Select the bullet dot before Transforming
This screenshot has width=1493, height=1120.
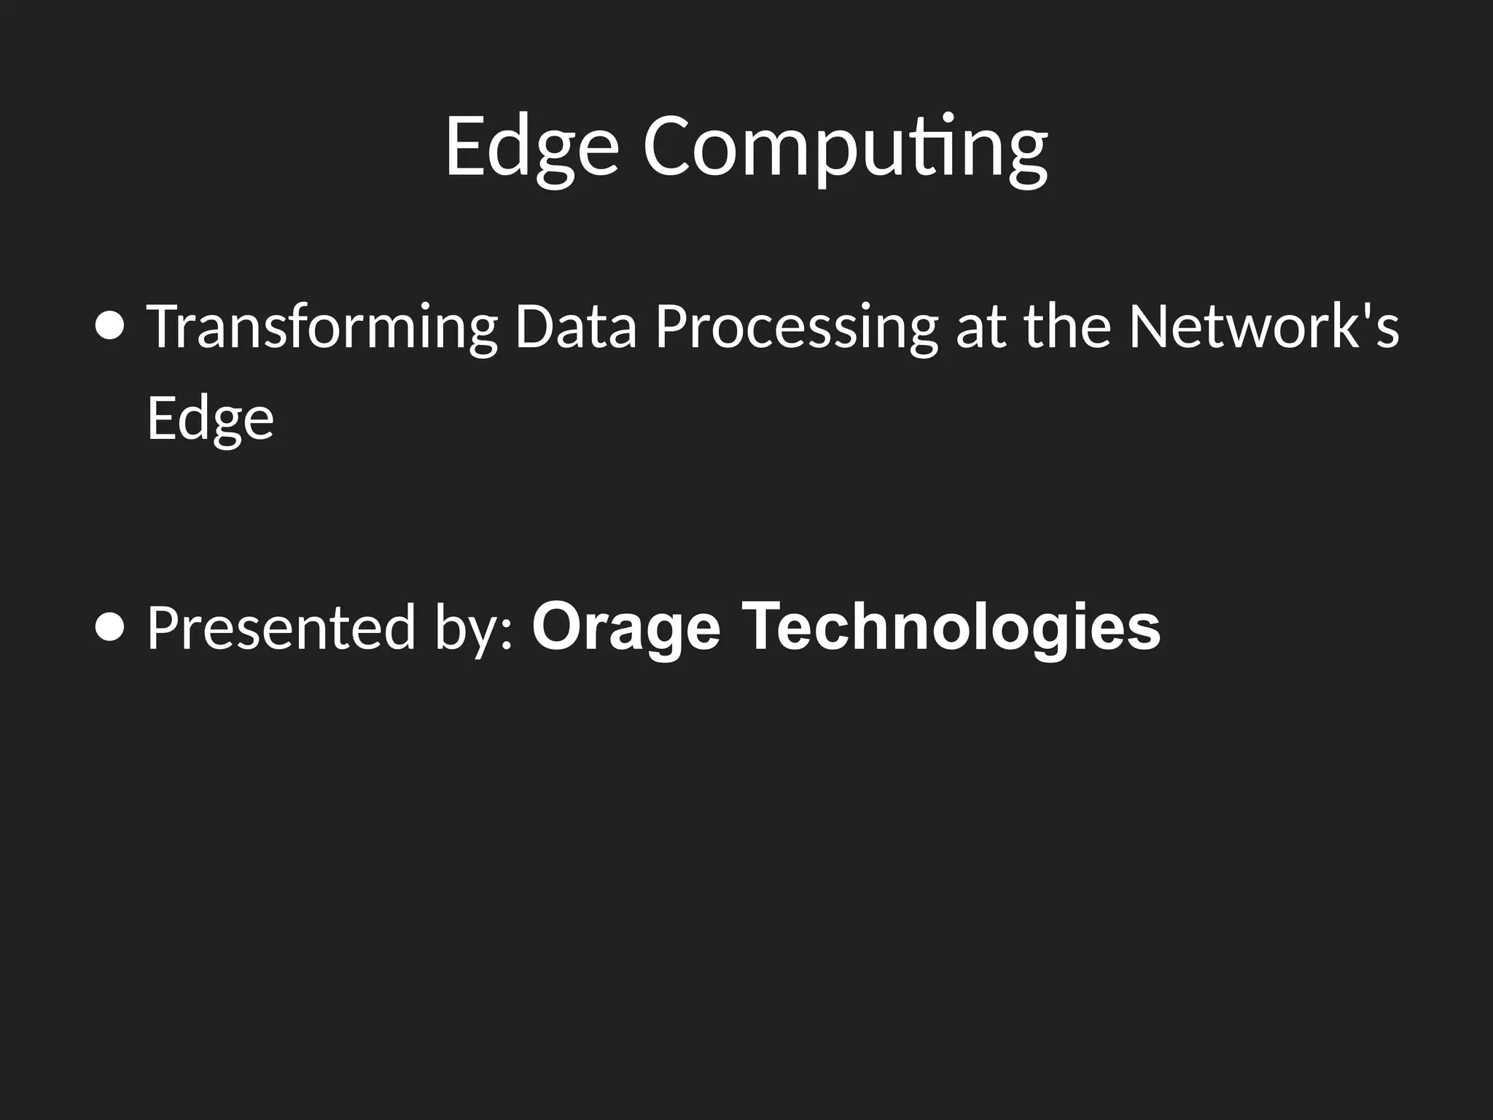110,326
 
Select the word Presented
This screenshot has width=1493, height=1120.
281,629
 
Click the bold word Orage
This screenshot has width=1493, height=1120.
626,627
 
